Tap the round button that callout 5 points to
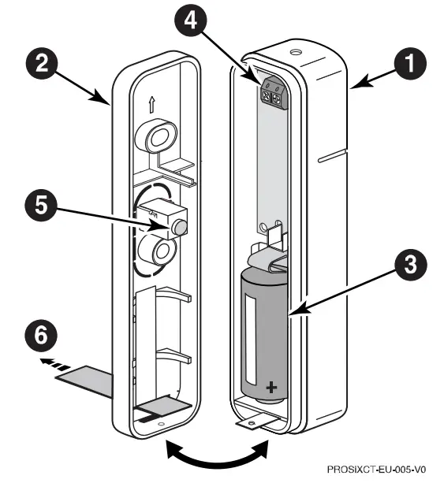[x=180, y=228]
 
